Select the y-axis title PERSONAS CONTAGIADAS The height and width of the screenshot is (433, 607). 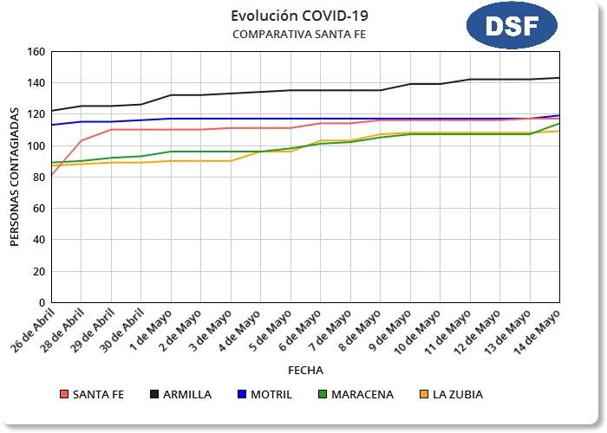point(15,178)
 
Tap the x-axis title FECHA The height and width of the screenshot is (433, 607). point(305,370)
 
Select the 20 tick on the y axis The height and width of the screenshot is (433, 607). point(38,271)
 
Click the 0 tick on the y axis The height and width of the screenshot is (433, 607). point(41,302)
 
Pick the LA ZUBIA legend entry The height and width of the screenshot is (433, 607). point(451,394)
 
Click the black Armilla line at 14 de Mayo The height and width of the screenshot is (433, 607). point(558,78)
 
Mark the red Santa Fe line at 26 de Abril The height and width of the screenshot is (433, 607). point(52,175)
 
